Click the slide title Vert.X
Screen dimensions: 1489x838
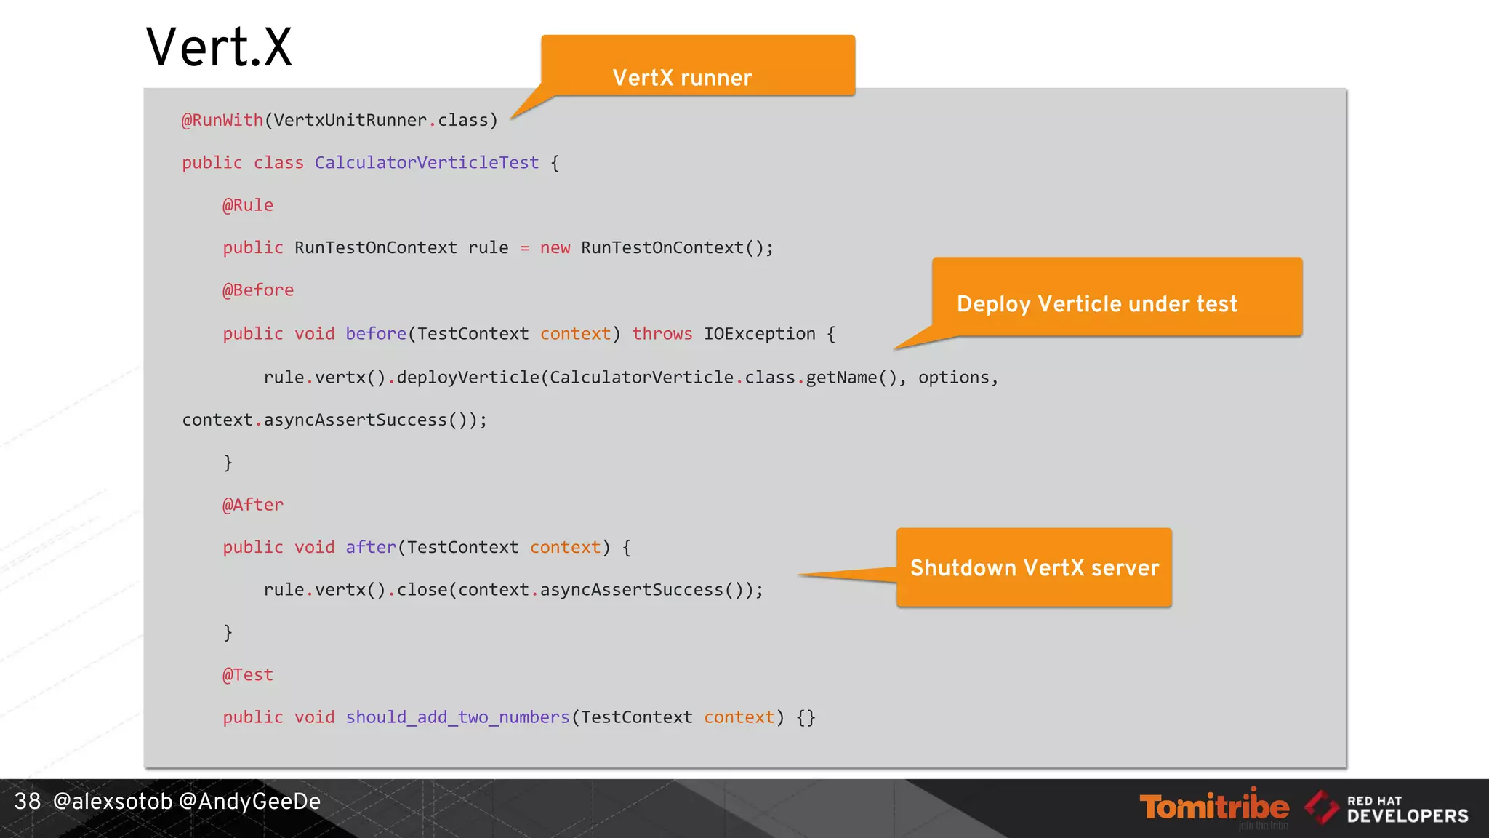[219, 48]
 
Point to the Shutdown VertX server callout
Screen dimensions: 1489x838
[1034, 567]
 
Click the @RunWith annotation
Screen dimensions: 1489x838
[222, 120]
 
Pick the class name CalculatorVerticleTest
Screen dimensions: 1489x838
[427, 162]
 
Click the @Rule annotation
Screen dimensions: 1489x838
[248, 205]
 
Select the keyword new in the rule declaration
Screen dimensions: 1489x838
[555, 248]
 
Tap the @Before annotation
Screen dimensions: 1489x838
[258, 290]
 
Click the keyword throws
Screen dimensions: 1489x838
[662, 334]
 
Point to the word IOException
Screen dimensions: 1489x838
[759, 334]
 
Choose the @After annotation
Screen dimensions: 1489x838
[253, 505]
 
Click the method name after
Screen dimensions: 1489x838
[371, 547]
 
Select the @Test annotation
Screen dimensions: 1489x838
[248, 675]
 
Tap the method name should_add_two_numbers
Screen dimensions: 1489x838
[457, 717]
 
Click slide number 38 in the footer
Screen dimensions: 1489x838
[28, 802]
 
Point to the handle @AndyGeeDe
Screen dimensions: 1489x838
[249, 802]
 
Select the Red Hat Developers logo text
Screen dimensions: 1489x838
[1407, 810]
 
